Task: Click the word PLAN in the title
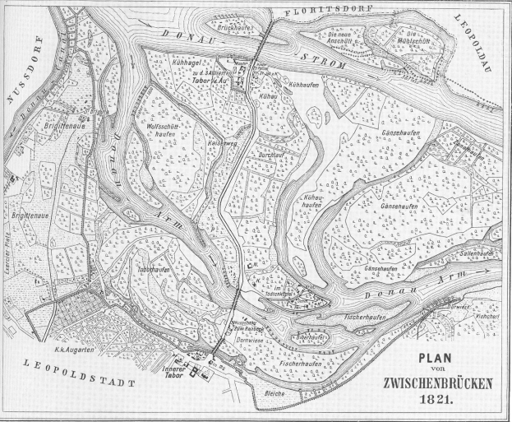[x=436, y=359]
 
